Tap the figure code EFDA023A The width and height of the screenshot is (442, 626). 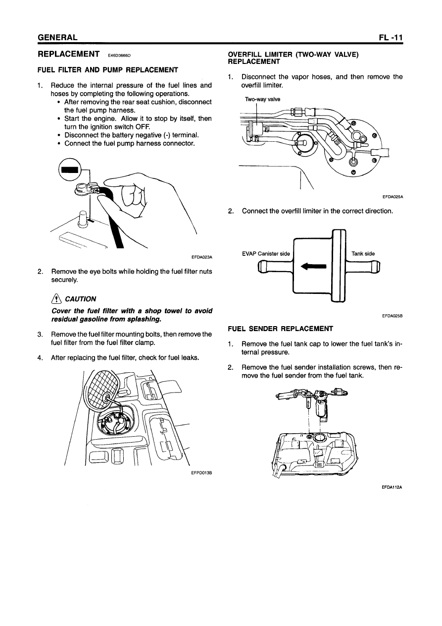coord(201,257)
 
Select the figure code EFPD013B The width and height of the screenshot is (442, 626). coord(201,472)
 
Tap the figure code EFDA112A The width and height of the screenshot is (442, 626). coord(392,487)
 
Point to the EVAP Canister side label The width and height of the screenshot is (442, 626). coord(266,254)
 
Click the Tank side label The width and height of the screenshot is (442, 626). coord(363,254)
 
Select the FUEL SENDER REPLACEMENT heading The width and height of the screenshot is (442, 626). coord(280,328)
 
